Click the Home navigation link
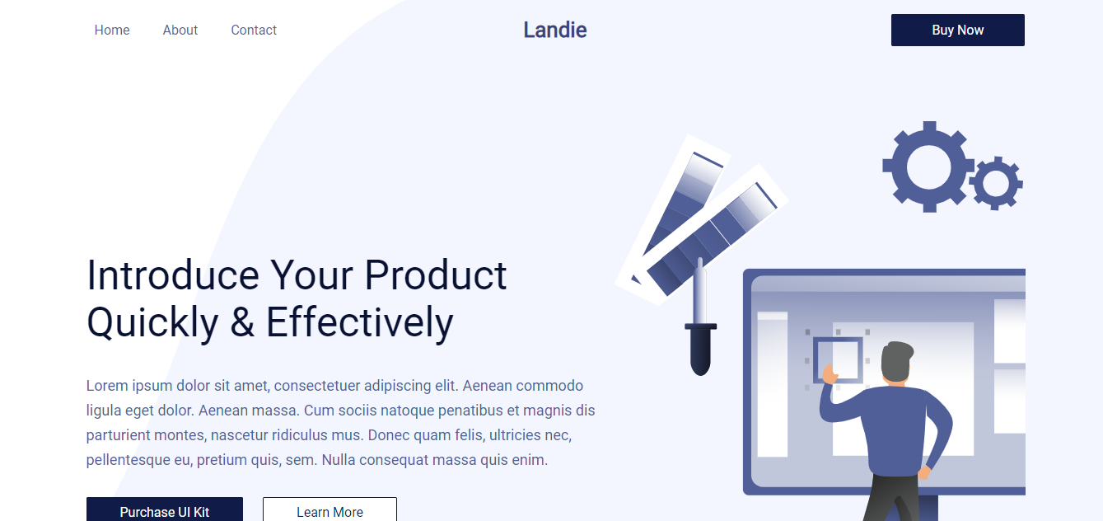[112, 31]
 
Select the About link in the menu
[180, 31]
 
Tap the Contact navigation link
[254, 31]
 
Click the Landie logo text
[555, 31]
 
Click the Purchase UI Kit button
[165, 511]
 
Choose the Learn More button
[329, 511]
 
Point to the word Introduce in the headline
[173, 275]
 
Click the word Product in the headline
[436, 275]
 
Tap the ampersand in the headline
[242, 322]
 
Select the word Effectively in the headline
[360, 322]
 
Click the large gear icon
[928, 167]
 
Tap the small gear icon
[996, 183]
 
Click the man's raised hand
[829, 378]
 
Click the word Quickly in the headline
[152, 322]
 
